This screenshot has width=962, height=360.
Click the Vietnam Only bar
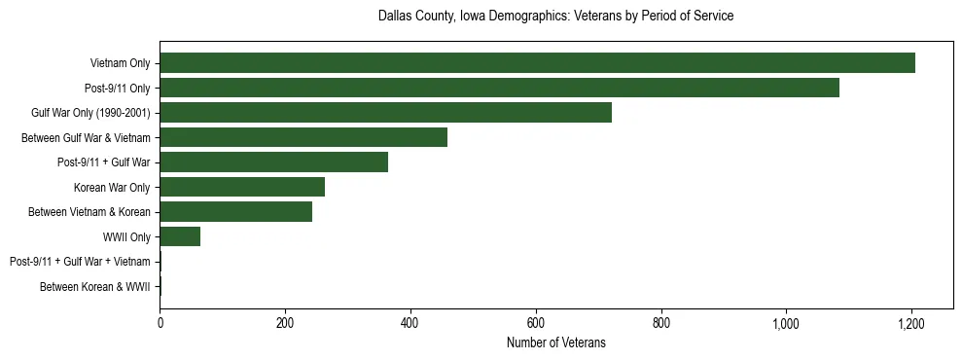pyautogui.click(x=537, y=63)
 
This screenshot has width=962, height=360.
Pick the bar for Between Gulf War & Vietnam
pyautogui.click(x=303, y=137)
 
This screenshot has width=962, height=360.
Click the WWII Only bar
pyautogui.click(x=180, y=236)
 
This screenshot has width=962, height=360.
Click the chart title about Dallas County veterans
pyautogui.click(x=555, y=17)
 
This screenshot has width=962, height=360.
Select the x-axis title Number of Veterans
pyautogui.click(x=555, y=343)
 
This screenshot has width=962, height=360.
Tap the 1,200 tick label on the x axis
pyautogui.click(x=910, y=323)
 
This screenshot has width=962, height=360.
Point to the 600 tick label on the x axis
pyautogui.click(x=535, y=323)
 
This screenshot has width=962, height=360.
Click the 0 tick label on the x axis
pyautogui.click(x=160, y=323)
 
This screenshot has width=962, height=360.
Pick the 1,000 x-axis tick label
pyautogui.click(x=785, y=323)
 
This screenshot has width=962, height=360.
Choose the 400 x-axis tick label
pyautogui.click(x=410, y=323)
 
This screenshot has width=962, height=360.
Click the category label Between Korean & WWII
pyautogui.click(x=94, y=287)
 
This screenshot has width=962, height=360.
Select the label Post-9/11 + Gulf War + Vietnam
pyautogui.click(x=80, y=262)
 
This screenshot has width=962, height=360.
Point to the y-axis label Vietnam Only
pyautogui.click(x=120, y=63)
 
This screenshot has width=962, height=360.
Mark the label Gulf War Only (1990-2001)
pyautogui.click(x=90, y=113)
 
